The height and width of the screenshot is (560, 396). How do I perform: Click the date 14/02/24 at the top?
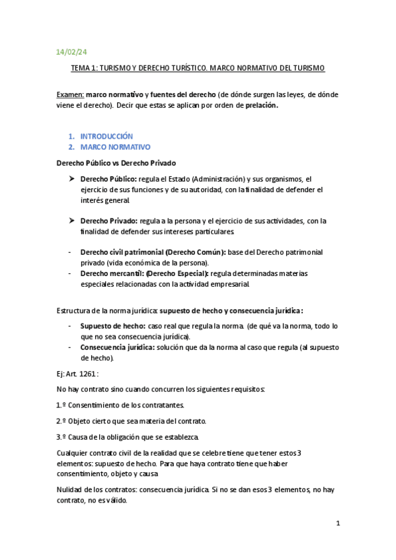click(67, 51)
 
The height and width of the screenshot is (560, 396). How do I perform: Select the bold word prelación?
click(262, 106)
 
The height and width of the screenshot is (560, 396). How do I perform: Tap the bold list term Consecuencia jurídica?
click(118, 347)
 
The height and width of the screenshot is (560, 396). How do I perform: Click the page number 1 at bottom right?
click(337, 524)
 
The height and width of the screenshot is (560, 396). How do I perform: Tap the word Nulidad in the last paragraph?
click(71, 490)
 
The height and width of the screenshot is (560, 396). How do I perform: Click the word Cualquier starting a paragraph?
click(73, 453)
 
